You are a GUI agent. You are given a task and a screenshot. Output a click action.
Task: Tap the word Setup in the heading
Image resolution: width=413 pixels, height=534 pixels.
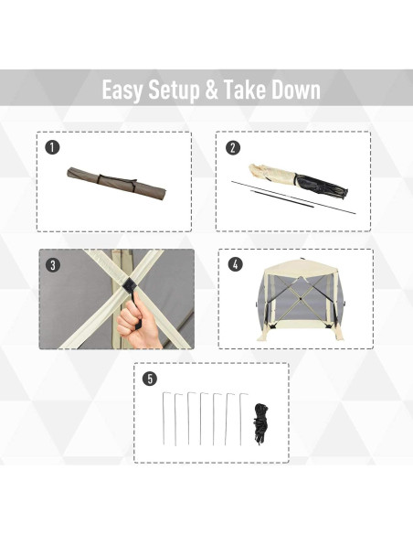click(175, 91)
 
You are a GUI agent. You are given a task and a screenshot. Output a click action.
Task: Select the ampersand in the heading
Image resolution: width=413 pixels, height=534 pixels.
click(212, 90)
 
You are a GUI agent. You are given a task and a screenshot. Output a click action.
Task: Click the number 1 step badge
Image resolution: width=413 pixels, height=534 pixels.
click(52, 147)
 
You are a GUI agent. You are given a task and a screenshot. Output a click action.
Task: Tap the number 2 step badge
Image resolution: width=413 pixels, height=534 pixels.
click(233, 147)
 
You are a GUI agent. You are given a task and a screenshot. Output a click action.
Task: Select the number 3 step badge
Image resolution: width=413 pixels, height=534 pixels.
click(53, 264)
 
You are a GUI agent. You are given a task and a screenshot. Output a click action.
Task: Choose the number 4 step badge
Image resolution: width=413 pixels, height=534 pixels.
click(236, 264)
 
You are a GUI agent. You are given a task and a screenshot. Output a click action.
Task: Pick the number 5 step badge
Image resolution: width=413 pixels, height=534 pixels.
click(150, 379)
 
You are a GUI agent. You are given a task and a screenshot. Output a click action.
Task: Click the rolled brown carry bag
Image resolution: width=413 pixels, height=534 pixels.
click(117, 184)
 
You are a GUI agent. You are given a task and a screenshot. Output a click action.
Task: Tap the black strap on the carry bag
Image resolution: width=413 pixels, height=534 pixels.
click(117, 182)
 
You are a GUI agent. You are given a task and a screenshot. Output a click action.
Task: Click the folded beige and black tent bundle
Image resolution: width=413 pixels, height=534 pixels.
click(299, 182)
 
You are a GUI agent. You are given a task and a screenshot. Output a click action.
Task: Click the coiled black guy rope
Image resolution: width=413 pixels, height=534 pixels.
click(260, 423)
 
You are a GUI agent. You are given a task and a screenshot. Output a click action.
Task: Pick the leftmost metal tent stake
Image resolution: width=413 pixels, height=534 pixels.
click(164, 418)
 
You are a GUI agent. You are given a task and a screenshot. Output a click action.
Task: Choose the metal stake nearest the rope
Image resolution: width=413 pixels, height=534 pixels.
click(241, 419)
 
